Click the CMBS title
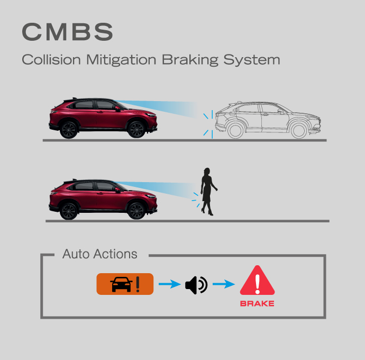click(68, 32)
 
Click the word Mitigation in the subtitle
click(121, 60)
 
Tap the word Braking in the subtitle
click(190, 60)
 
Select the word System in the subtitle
click(252, 60)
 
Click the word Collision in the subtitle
click(51, 60)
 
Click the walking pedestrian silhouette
click(208, 192)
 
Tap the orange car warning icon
click(125, 284)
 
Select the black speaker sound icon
click(196, 285)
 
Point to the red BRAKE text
click(257, 303)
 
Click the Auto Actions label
click(99, 254)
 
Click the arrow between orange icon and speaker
click(170, 284)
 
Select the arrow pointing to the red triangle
click(224, 284)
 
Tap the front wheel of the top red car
click(136, 129)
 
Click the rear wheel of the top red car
click(69, 130)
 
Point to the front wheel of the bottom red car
click(136, 211)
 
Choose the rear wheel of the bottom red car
click(69, 211)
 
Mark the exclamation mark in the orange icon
click(138, 284)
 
